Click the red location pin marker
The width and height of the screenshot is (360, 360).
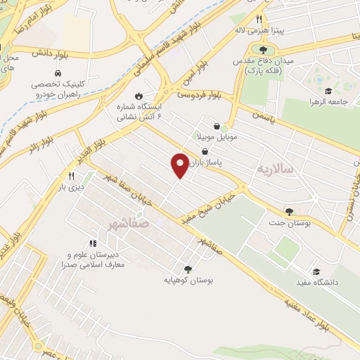(181, 165)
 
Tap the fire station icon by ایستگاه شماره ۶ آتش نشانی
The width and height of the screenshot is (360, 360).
(139, 96)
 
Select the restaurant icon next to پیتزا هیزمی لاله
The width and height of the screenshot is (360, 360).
(259, 19)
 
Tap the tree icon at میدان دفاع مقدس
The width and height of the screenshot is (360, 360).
(263, 50)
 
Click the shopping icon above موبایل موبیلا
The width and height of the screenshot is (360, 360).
(226, 125)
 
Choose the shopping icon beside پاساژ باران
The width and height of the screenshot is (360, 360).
(205, 151)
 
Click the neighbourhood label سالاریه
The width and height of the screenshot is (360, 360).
(272, 169)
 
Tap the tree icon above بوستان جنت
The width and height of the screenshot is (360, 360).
(288, 211)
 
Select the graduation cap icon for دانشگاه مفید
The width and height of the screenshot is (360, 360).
(316, 271)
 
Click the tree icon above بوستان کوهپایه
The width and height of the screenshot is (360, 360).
(188, 269)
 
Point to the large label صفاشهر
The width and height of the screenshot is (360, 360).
(129, 223)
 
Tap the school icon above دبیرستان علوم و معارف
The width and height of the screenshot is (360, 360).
(94, 243)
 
